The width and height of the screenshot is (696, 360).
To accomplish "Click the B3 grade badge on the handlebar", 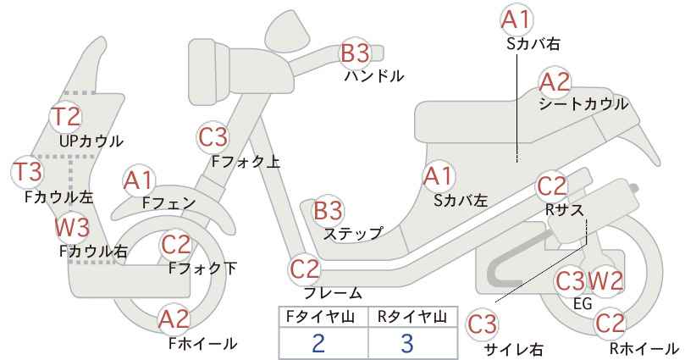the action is point(355,53).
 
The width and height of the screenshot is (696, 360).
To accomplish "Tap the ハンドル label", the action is point(374,76).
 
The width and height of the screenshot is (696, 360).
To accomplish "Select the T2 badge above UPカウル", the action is point(66,116).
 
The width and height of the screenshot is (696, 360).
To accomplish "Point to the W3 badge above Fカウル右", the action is point(72,227).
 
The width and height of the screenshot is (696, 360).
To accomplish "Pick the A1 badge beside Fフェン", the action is point(139,181).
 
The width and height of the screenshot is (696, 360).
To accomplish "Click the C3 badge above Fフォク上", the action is point(213,137).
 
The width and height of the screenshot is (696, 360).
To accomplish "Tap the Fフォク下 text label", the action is point(202,269).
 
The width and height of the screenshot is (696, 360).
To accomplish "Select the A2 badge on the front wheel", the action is point(174,319).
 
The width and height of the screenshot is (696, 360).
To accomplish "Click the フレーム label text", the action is point(333,293).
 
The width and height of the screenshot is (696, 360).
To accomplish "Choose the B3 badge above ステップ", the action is point(328,210).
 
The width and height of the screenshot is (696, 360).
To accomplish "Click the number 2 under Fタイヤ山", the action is point(318,343).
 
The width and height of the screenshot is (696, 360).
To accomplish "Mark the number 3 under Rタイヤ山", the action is point(406,343).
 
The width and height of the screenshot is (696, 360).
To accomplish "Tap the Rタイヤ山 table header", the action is point(412,317).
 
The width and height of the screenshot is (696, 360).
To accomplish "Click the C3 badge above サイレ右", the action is point(483,324).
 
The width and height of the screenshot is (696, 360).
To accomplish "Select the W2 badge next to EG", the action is point(606,281).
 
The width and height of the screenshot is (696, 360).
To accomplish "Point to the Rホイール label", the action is point(644,348).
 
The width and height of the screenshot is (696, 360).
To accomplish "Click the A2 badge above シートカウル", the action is point(555,82).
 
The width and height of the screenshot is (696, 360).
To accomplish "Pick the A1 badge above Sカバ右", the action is point(516,19).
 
